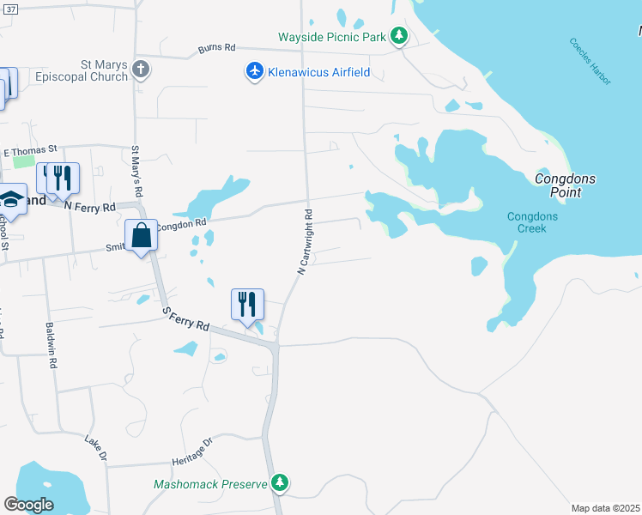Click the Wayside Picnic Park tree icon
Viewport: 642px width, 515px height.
pos(398,37)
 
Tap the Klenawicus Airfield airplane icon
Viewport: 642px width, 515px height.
pos(254,72)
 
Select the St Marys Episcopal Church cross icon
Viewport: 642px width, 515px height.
pos(142,70)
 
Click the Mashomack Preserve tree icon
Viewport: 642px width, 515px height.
pos(279,484)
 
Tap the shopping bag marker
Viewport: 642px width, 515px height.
pos(141,235)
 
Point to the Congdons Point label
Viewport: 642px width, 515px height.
pos(565,185)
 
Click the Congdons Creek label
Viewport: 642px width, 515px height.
pos(532,222)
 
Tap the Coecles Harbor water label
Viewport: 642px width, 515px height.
pos(591,61)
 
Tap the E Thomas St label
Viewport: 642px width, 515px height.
pos(30,151)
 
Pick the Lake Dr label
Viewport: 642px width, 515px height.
pos(94,448)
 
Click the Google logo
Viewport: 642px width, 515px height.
pos(28,505)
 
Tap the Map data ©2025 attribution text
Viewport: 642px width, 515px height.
pos(605,508)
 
